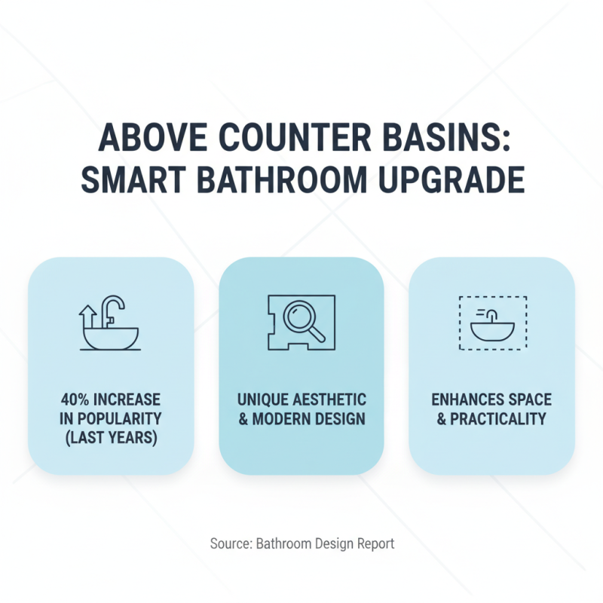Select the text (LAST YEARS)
(111, 436)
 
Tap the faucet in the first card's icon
(114, 309)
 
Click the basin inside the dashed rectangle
(492, 329)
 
